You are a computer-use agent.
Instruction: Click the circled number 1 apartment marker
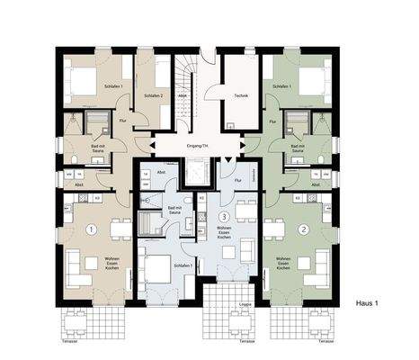click(90, 229)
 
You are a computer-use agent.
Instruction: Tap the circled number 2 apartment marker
click(304, 229)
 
